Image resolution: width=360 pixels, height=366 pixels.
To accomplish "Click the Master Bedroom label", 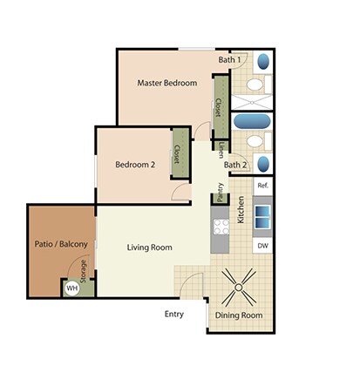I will pos(166,84).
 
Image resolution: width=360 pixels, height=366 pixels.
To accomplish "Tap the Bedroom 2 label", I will pos(134,165).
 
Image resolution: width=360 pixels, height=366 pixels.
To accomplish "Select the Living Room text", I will pos(149,247).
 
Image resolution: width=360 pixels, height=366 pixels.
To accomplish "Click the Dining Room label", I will pos(240,315).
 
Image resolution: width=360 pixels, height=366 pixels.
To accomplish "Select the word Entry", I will pos(174,314).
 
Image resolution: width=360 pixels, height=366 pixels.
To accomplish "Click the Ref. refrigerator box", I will pos(262,186).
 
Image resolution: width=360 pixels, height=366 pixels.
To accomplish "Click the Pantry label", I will pos(220,191).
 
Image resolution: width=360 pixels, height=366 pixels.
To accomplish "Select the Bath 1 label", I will pos(228,59).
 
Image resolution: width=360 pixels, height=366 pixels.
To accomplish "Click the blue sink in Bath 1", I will pos(264,64).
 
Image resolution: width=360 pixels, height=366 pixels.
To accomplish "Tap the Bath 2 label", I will pos(234,165).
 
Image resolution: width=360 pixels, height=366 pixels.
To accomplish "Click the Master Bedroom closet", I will pos(219,106).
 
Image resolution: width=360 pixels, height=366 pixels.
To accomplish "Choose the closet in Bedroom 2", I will pos(177,154).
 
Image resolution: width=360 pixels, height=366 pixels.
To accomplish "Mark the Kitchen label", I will pos(240,211).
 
